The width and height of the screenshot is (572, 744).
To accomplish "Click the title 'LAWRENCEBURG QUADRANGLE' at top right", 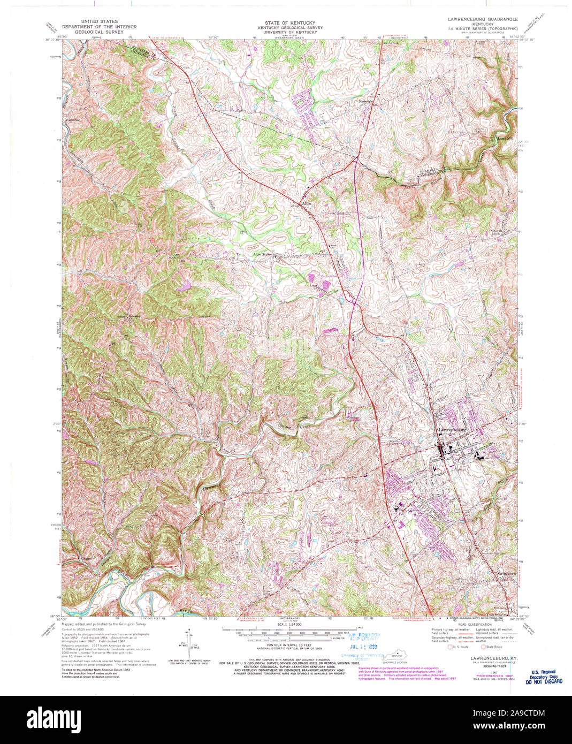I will point(483,19).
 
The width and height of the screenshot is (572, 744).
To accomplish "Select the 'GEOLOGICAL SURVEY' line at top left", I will point(99,32).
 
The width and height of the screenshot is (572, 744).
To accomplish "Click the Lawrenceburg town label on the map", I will point(450,430).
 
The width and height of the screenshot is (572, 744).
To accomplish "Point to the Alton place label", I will point(307,204).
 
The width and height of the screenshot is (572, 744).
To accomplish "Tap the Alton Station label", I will point(264,255).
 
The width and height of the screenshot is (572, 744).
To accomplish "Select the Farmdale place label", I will point(366,101).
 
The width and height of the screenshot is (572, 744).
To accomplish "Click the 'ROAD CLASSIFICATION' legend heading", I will point(475,625).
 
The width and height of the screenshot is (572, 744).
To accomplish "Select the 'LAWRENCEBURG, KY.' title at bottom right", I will point(490,657).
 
